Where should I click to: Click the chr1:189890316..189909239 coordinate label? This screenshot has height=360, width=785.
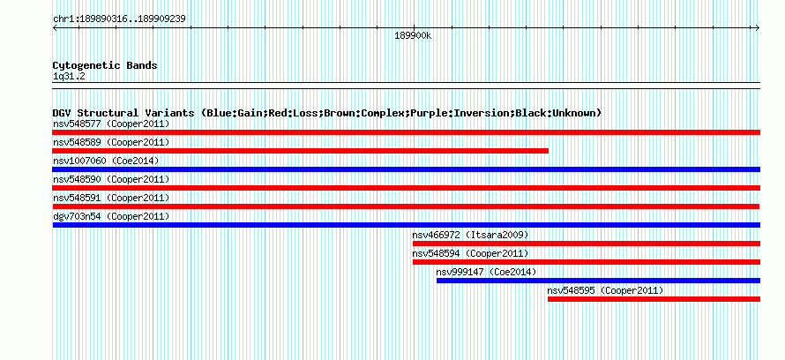pyautogui.click(x=119, y=19)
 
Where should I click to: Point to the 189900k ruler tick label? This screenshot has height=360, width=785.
pyautogui.click(x=413, y=36)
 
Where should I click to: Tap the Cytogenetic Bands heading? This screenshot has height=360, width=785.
pyautogui.click(x=105, y=65)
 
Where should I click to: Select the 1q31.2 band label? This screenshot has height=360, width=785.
pyautogui.click(x=70, y=76)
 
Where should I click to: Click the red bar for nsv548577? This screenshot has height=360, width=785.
pyautogui.click(x=406, y=132)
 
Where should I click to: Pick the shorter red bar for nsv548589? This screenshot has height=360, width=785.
pyautogui.click(x=301, y=151)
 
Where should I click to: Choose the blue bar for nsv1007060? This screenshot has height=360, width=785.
pyautogui.click(x=406, y=169)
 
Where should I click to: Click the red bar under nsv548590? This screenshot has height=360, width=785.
pyautogui.click(x=406, y=188)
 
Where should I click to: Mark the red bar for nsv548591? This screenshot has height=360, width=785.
pyautogui.click(x=406, y=206)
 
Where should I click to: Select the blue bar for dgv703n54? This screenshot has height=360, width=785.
pyautogui.click(x=406, y=225)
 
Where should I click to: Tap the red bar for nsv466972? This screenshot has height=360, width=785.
pyautogui.click(x=587, y=244)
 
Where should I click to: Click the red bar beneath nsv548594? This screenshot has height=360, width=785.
pyautogui.click(x=587, y=262)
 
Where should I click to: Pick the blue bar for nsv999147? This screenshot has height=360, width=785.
pyautogui.click(x=598, y=281)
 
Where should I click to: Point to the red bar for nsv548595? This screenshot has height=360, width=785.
pyautogui.click(x=654, y=299)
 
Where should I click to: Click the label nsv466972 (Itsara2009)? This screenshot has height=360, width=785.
pyautogui.click(x=470, y=235)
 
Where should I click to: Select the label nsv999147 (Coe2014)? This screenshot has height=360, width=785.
pyautogui.click(x=486, y=272)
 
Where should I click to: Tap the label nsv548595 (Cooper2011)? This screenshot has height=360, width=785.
pyautogui.click(x=605, y=290)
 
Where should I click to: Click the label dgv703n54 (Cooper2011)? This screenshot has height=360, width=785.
pyautogui.click(x=111, y=216)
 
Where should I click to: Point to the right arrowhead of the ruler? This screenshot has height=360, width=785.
pyautogui.click(x=758, y=28)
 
